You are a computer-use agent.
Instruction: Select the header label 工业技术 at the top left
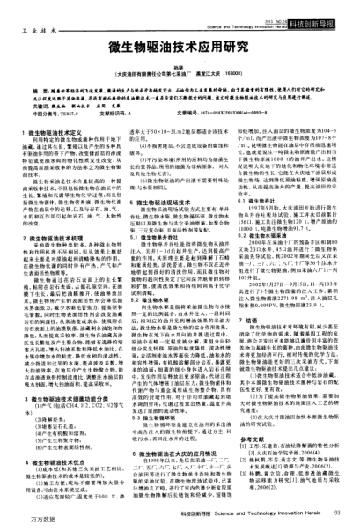(x=32, y=18)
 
